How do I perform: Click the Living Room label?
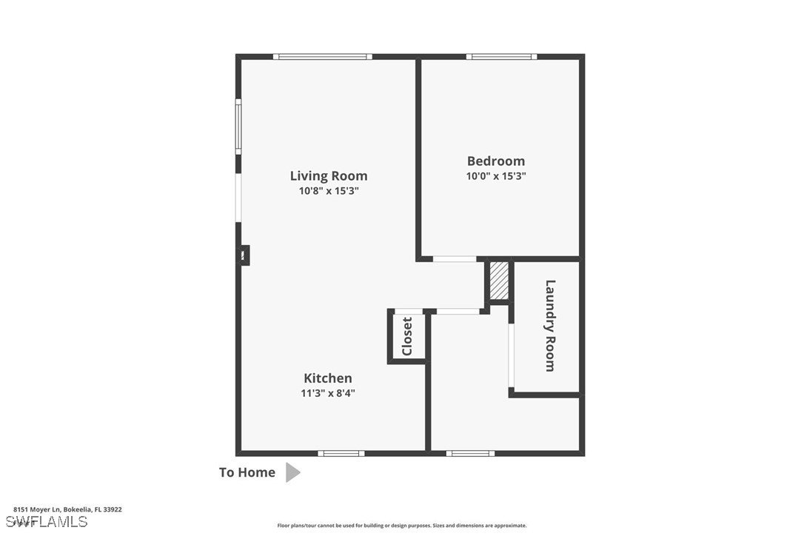coord(328,175)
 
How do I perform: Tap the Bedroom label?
coord(495,161)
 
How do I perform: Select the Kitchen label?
coord(328,378)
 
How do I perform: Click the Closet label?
coord(407,336)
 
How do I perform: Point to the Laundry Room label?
coord(550,325)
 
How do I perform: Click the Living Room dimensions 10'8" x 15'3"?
coord(328,191)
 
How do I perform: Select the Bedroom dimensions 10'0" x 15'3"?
coord(495,176)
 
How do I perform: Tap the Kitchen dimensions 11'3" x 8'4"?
coord(328,393)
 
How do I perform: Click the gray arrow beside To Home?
coord(292,472)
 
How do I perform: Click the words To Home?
coord(247,472)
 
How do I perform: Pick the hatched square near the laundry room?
coord(500,281)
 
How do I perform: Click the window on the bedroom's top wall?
coord(501,56)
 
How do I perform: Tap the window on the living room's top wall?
coord(322,56)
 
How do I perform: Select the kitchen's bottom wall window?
coord(341,453)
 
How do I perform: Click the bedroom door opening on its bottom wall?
coord(455,258)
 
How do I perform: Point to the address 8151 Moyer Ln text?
coord(67,509)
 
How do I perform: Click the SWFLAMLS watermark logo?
coord(44,521)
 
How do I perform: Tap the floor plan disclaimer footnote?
coord(402,526)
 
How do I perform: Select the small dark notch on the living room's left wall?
coord(244,255)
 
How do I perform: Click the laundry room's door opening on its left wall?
coord(511,355)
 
